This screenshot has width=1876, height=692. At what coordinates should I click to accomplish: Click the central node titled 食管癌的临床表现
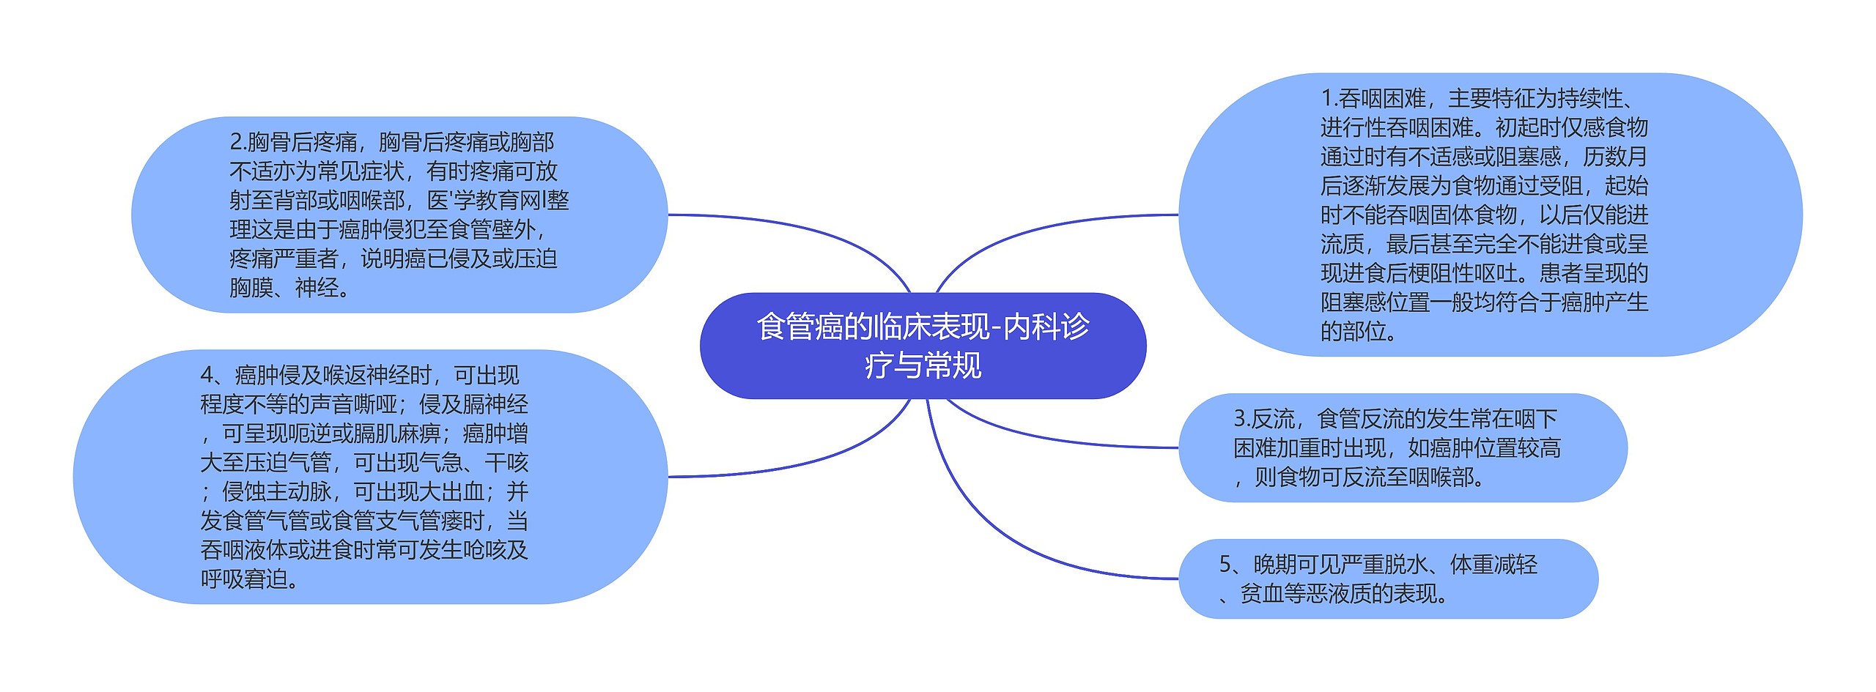click(x=923, y=346)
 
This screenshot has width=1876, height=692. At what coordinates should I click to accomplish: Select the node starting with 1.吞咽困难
click(x=1488, y=215)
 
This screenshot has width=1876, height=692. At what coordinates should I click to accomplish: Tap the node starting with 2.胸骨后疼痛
click(x=399, y=215)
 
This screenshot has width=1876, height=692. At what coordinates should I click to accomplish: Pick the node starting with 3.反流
click(x=1402, y=447)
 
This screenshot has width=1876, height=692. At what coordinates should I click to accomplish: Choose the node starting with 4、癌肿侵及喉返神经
click(x=370, y=477)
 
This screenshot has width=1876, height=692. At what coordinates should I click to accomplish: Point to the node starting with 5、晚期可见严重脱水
click(x=1387, y=578)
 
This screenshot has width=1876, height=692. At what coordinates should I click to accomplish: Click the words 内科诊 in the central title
click(x=1046, y=327)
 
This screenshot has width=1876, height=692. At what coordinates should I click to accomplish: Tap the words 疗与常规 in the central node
click(x=923, y=365)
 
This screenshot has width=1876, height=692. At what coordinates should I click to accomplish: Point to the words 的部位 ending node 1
click(x=1353, y=332)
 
